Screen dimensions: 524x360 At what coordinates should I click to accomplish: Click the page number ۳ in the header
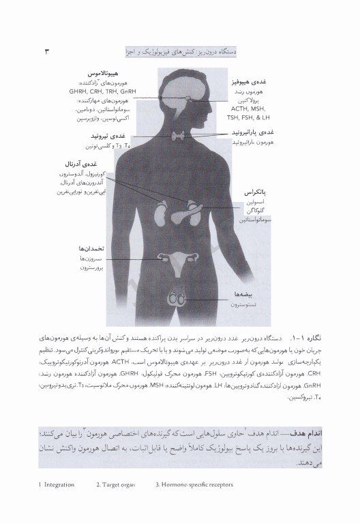tap(47, 51)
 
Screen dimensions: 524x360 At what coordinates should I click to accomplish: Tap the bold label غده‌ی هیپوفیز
tap(249, 81)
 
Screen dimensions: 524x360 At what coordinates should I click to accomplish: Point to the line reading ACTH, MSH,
tap(247, 107)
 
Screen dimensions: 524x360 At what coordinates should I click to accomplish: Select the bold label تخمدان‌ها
tap(91, 249)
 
